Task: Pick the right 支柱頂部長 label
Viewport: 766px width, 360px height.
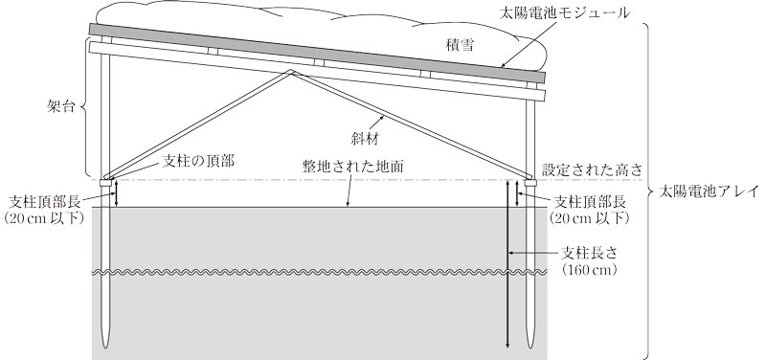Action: pyautogui.click(x=592, y=202)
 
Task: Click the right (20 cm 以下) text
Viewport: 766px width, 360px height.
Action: pyautogui.click(x=592, y=218)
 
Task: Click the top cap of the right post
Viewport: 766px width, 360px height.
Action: pyautogui.click(x=529, y=176)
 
